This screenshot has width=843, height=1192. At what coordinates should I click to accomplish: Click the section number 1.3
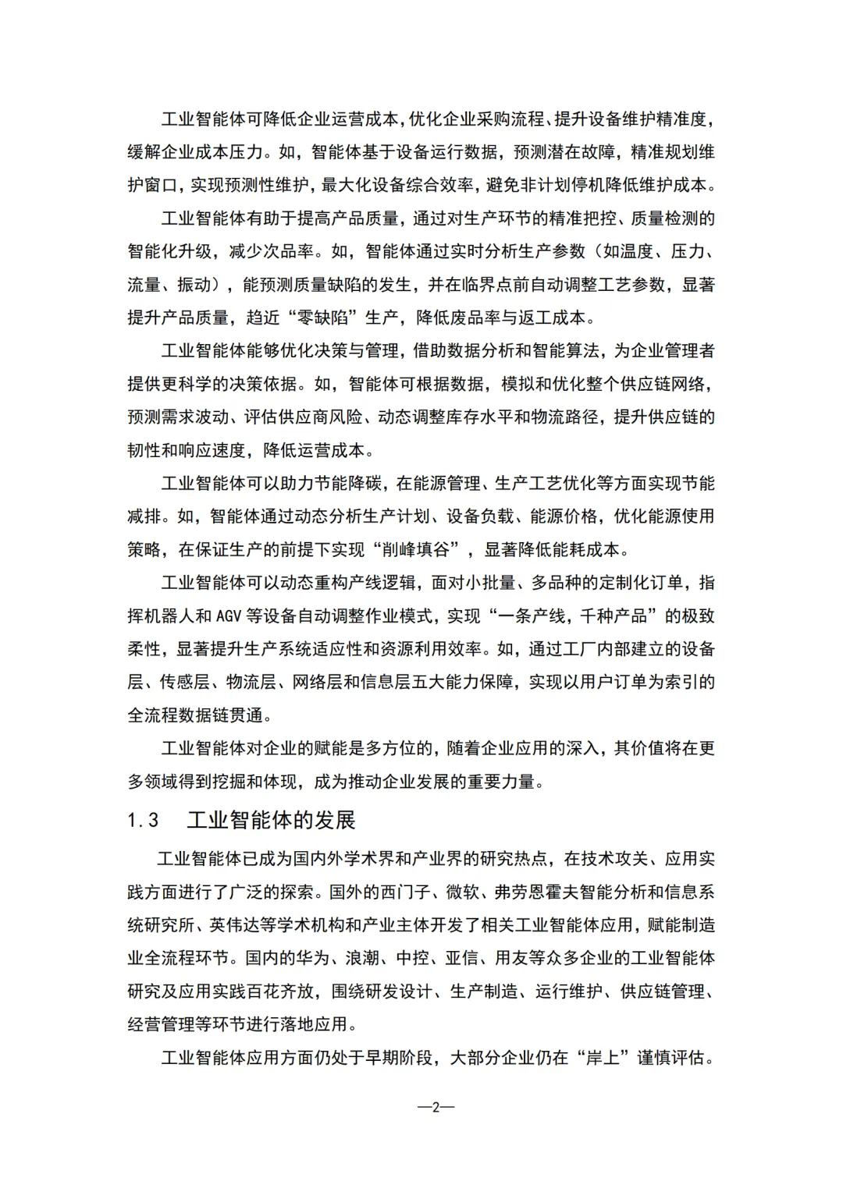(x=144, y=820)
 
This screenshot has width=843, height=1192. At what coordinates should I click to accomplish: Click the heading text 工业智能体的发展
(x=271, y=820)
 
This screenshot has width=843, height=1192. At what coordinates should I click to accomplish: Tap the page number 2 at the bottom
(x=436, y=1106)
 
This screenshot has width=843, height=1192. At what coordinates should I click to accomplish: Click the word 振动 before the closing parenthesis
(x=194, y=285)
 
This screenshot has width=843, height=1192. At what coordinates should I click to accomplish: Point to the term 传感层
(x=186, y=682)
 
